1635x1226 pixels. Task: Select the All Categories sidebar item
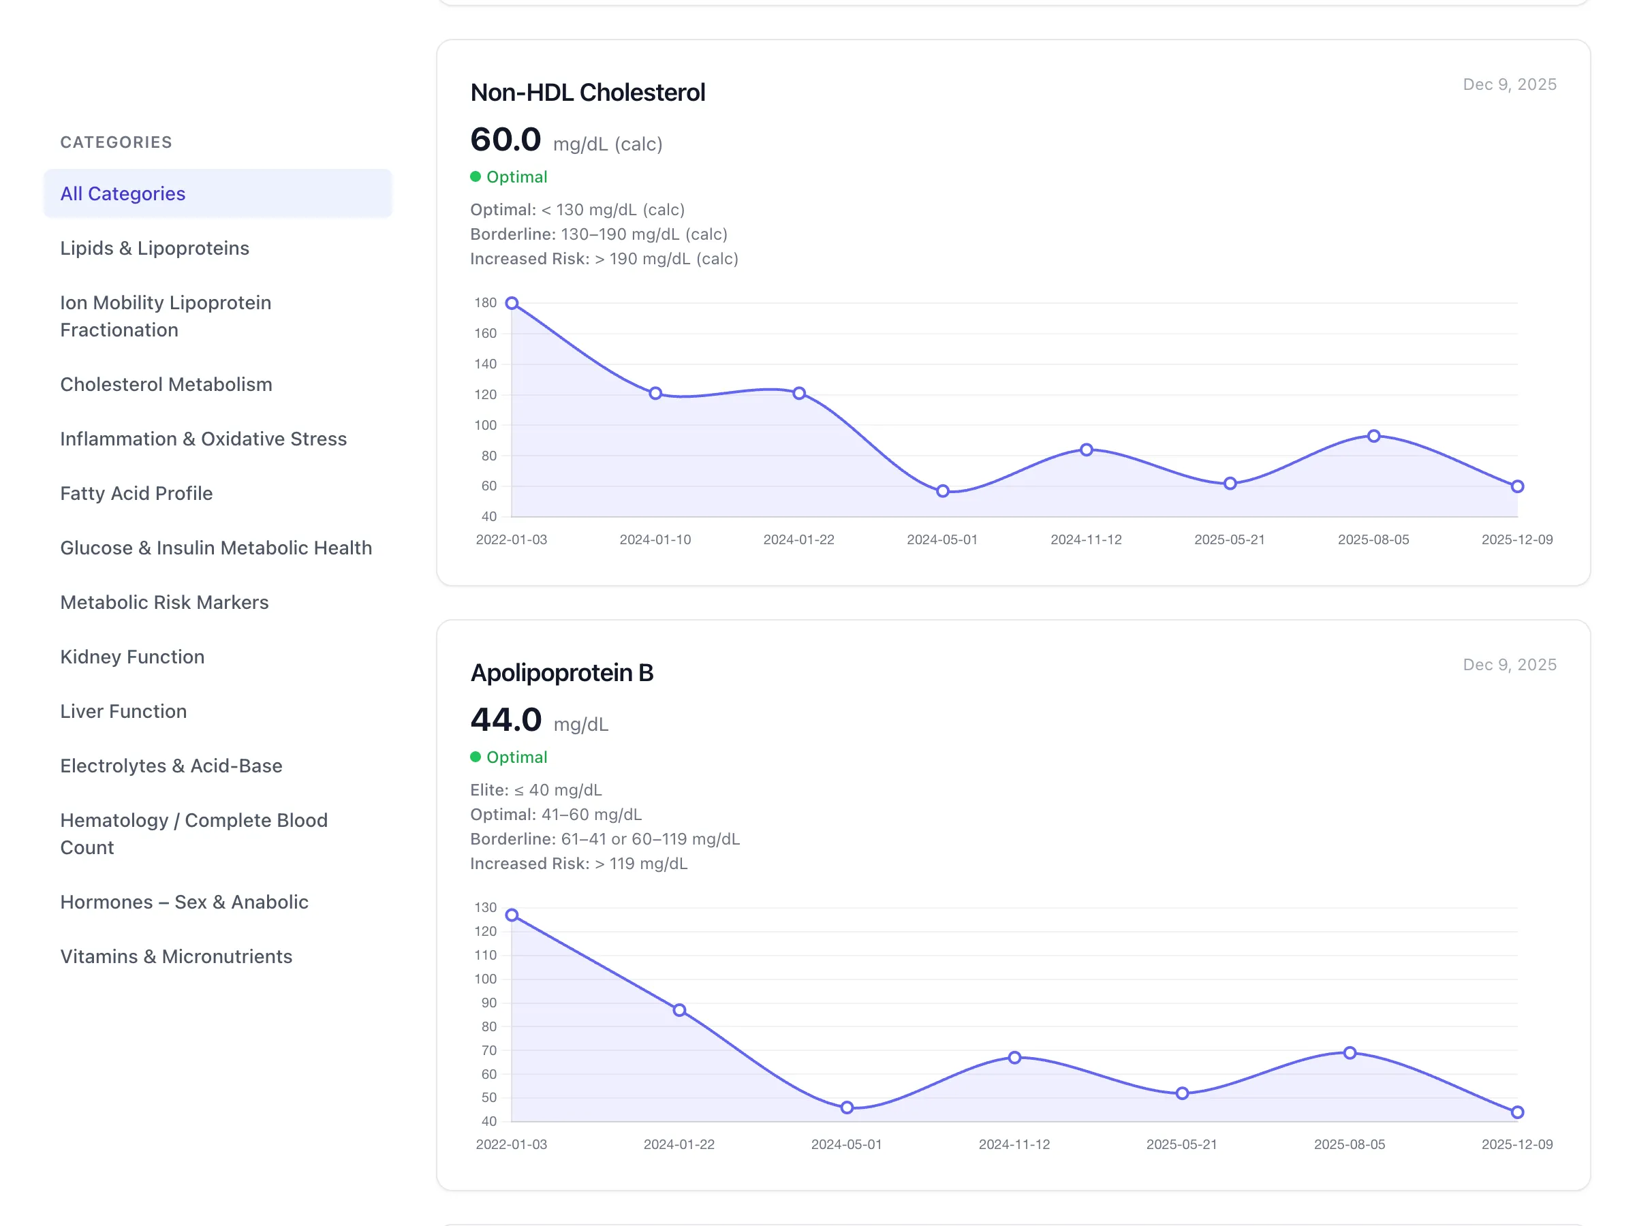coord(123,193)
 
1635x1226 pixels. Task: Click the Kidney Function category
coord(132,657)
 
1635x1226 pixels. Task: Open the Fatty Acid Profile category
coord(136,493)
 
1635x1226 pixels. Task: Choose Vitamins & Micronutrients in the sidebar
coord(176,956)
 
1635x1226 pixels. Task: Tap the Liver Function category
coord(123,711)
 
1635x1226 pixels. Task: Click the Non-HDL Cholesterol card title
coord(588,93)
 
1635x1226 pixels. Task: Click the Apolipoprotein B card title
coord(562,672)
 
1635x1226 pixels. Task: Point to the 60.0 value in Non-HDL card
coord(505,140)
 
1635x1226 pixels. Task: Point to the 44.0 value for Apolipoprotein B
coord(505,720)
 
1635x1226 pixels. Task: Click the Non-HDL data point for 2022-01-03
coord(512,303)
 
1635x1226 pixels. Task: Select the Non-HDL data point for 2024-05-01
coord(942,490)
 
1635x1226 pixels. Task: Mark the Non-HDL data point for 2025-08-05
coord(1373,436)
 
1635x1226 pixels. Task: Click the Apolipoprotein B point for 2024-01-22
coord(679,1010)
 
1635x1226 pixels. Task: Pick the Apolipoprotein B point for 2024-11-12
coord(1014,1058)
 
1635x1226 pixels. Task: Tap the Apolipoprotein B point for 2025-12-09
coord(1516,1112)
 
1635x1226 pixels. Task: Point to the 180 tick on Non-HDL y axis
coord(486,303)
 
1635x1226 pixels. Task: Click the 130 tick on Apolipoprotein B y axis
coord(486,907)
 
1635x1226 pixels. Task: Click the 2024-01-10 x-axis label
coord(655,539)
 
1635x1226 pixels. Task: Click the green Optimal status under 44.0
coord(516,757)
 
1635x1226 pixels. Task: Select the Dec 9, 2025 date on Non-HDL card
coord(1510,84)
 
